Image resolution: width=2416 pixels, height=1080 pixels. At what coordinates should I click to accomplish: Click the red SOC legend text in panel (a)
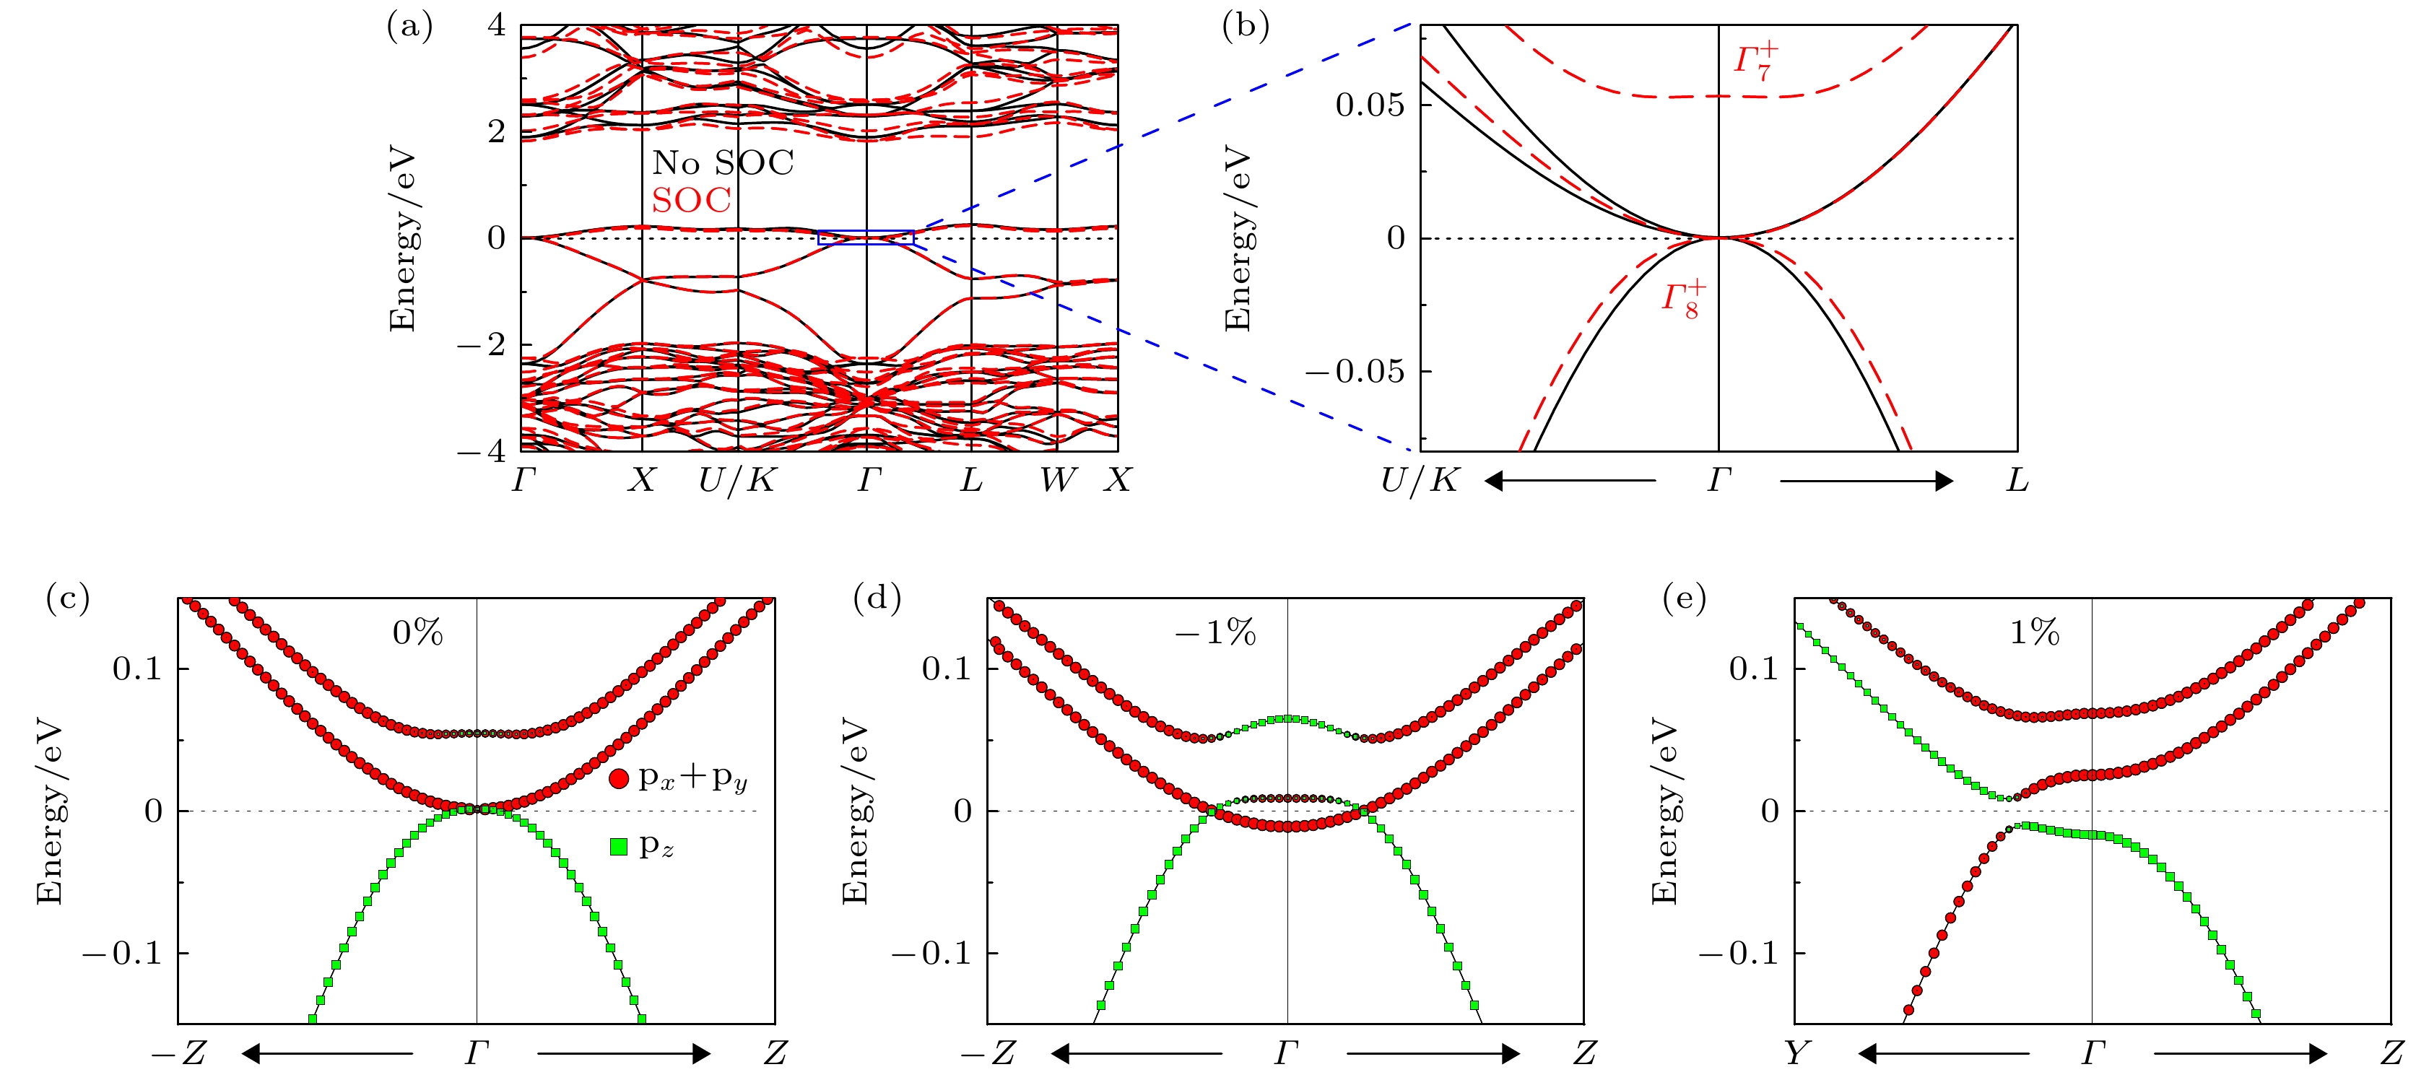tap(691, 201)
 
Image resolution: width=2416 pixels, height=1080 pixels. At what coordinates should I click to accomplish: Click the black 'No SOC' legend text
tap(722, 163)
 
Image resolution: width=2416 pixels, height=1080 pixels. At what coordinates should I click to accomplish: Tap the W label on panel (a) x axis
tap(1057, 481)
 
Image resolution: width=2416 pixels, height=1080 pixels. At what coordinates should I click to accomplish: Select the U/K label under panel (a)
tap(736, 481)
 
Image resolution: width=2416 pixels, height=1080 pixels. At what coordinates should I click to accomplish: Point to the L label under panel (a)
tap(970, 481)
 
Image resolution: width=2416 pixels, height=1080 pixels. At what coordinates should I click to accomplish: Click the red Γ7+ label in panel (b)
tap(1755, 61)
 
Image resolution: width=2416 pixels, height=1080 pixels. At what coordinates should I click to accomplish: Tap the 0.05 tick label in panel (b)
tap(1370, 105)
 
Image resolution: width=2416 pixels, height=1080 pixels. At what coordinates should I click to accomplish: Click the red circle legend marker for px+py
tap(618, 778)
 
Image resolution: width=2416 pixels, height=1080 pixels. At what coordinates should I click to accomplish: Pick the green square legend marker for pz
tap(618, 847)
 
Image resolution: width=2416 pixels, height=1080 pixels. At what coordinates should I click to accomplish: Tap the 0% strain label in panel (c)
tap(417, 634)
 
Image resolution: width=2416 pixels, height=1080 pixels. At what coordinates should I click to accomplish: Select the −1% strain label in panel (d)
tap(1215, 634)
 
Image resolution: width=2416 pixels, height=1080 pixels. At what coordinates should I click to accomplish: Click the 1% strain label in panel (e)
tap(2034, 634)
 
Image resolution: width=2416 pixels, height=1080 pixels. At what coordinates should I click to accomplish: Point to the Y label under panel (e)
tap(1795, 1054)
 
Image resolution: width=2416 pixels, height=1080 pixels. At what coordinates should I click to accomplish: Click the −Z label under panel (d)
tap(988, 1054)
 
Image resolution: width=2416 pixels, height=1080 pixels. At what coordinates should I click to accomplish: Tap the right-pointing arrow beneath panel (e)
tap(2241, 1054)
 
